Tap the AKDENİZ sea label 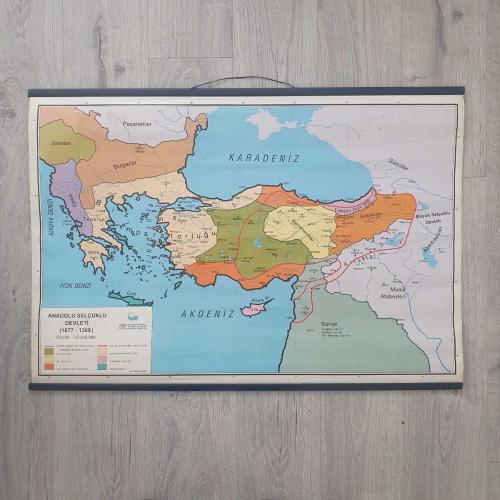click(207, 313)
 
